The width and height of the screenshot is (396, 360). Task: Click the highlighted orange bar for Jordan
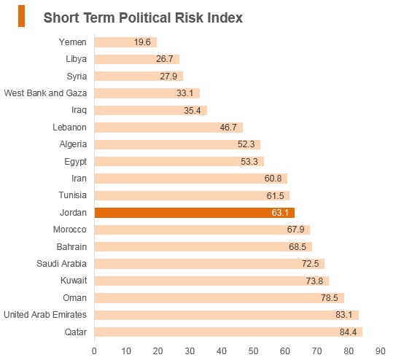click(x=195, y=213)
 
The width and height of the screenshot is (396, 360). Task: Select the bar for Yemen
click(x=125, y=42)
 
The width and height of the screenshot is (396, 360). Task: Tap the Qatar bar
click(x=228, y=332)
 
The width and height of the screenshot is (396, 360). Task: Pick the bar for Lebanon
click(x=168, y=128)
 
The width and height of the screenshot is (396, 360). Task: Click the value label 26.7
click(x=164, y=59)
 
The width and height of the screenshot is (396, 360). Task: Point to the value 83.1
click(x=343, y=315)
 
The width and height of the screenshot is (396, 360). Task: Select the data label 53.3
click(x=249, y=162)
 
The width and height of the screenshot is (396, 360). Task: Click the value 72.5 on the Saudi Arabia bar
click(x=310, y=264)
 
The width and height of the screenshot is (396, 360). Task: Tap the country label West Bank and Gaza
click(x=45, y=93)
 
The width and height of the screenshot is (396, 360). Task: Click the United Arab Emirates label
click(x=45, y=315)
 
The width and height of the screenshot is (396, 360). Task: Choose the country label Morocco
click(x=70, y=230)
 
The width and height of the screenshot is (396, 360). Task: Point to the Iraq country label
click(x=79, y=110)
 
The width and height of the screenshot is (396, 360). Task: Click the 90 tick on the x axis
click(x=380, y=351)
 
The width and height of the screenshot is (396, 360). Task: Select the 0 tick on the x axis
click(x=94, y=351)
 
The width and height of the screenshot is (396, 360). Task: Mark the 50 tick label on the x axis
click(x=253, y=351)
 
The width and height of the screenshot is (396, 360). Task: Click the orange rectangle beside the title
click(x=21, y=16)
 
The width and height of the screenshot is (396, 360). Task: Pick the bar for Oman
click(x=220, y=297)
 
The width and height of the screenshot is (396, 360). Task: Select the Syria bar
click(x=139, y=77)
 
